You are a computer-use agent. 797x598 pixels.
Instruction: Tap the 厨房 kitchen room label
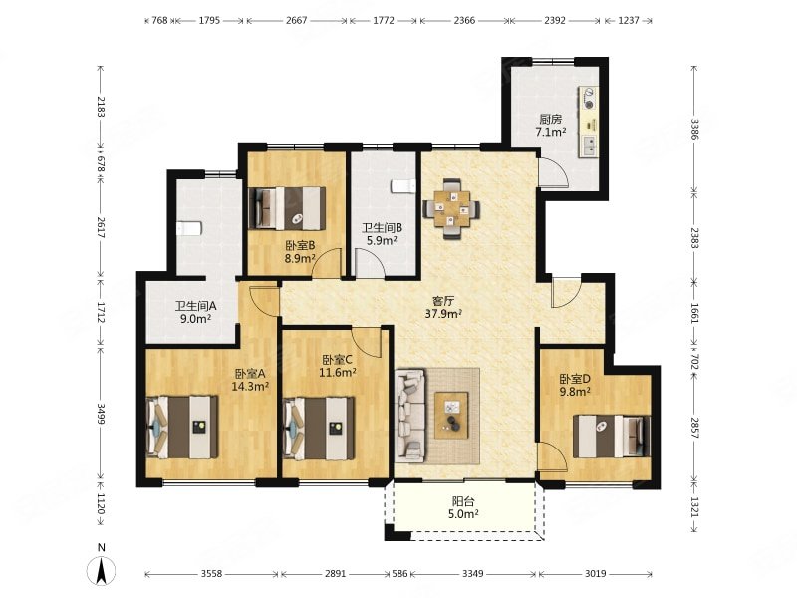551,120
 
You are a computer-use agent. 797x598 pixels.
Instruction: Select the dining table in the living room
451,208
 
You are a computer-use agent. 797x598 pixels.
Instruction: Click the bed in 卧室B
287,209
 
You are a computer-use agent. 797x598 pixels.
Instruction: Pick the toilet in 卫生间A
189,229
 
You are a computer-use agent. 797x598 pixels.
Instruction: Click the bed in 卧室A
182,428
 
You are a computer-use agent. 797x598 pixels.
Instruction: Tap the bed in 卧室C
319,428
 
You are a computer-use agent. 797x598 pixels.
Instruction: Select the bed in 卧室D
612,436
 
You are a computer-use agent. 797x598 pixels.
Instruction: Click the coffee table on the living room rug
451,415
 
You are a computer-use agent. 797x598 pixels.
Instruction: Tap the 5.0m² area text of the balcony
463,514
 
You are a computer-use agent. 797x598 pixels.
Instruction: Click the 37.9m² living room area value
443,314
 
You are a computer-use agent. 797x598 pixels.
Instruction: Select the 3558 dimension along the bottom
211,574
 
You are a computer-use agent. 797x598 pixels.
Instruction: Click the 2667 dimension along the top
296,21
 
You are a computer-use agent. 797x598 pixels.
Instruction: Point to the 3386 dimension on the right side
694,130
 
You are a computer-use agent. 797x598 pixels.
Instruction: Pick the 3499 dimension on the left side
101,414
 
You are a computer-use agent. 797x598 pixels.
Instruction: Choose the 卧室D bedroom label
575,379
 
